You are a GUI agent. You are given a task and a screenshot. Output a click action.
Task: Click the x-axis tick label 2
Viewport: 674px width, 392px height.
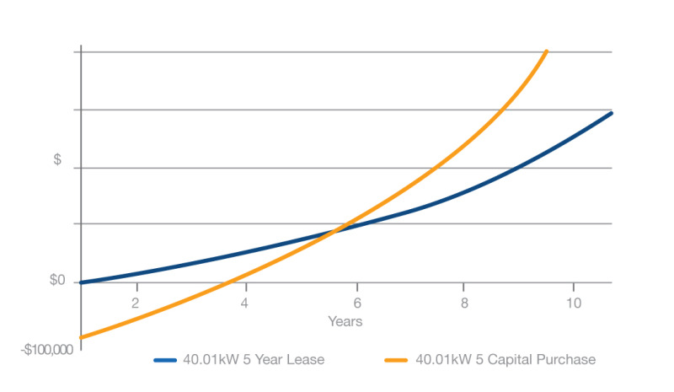tap(136, 303)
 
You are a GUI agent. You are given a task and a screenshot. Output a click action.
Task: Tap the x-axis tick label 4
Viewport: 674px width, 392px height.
tap(245, 303)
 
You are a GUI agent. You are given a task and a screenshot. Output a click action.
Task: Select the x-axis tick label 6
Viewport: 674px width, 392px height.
tap(357, 303)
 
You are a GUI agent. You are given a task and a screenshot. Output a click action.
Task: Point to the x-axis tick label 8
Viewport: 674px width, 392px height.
tap(463, 303)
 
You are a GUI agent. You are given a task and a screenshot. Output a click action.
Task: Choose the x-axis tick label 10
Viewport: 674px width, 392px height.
tap(573, 303)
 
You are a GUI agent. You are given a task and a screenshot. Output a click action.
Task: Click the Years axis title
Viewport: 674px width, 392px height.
tap(345, 321)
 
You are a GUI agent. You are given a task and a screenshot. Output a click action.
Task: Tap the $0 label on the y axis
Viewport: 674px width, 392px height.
tap(57, 281)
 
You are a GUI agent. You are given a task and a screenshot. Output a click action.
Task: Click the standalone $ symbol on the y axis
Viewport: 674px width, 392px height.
tap(57, 159)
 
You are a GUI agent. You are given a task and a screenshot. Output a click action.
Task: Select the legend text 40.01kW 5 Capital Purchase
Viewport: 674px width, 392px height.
tap(505, 360)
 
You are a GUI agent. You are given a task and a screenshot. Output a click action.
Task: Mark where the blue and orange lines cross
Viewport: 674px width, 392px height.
tap(336, 229)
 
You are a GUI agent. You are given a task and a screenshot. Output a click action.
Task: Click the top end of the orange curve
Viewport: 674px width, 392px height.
tap(547, 52)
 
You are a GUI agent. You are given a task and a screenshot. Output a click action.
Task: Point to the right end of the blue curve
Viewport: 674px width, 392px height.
tap(611, 113)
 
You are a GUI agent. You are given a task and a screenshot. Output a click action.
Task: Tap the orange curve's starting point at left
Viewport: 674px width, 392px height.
tap(81, 337)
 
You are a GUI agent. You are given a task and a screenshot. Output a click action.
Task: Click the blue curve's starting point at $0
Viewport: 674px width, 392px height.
tap(82, 282)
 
